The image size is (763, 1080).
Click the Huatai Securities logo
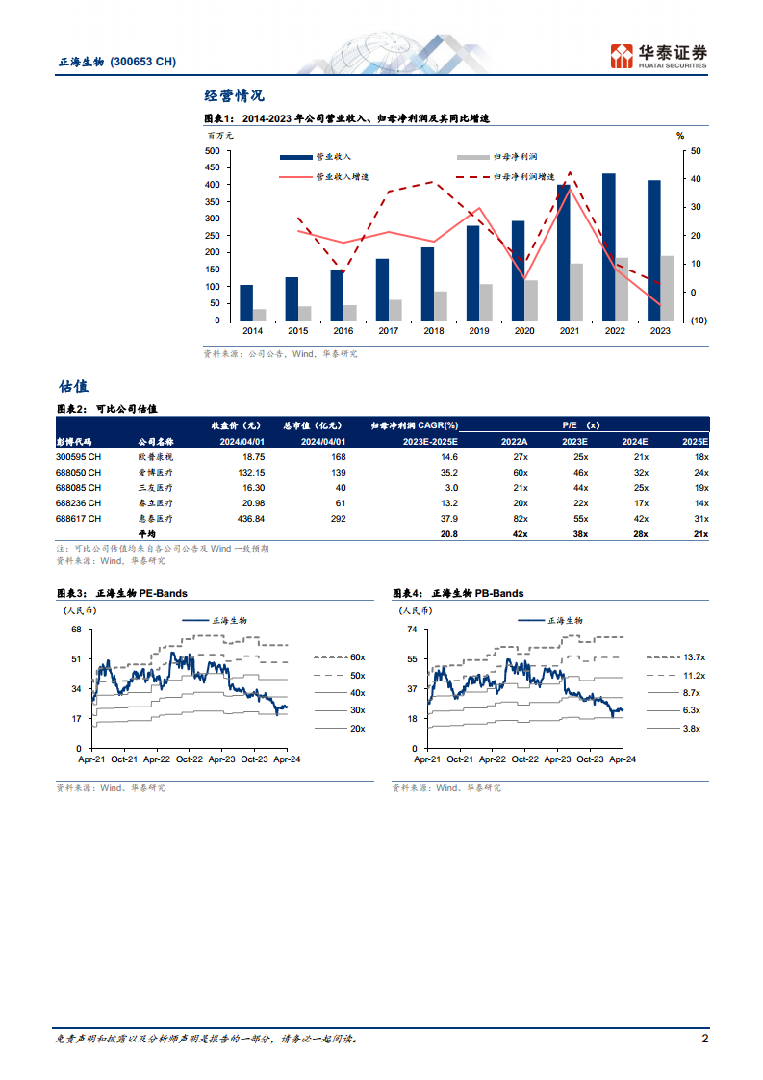660,55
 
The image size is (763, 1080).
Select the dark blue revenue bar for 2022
609,247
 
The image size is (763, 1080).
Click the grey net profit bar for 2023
667,288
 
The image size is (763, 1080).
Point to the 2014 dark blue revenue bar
246,302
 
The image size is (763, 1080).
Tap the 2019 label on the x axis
479,331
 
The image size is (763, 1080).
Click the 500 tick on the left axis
213,151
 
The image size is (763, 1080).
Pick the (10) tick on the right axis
699,321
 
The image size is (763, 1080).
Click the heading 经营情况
234,95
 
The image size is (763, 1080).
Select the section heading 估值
73,386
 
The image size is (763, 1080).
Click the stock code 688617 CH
79,518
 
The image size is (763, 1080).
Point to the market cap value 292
338,518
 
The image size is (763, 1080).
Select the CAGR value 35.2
448,472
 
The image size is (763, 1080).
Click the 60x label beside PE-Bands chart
357,657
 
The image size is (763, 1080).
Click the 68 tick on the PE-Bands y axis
76,630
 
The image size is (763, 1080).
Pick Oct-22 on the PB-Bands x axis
524,759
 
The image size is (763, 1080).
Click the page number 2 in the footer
704,1039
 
